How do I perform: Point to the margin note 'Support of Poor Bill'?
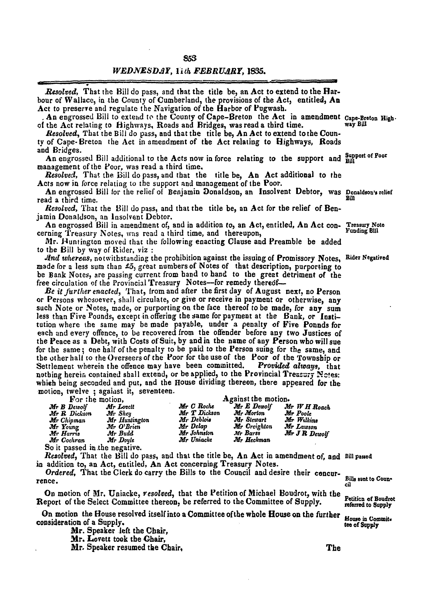click(x=366, y=157)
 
